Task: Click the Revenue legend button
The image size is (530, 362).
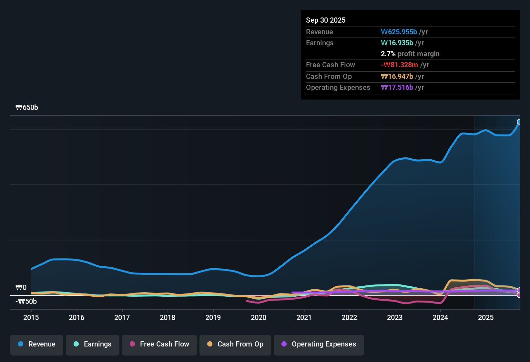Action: tap(37, 344)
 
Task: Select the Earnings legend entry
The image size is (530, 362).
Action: tap(93, 344)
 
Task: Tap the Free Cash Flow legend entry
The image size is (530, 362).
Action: tap(159, 344)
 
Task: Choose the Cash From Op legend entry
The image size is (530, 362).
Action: tap(235, 344)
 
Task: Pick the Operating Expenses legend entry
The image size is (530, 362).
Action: tap(319, 344)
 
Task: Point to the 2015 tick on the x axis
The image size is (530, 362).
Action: tap(31, 317)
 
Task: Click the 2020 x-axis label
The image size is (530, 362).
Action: tap(259, 317)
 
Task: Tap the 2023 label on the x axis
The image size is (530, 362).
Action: tap(395, 317)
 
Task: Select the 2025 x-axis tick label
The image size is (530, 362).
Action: tap(486, 317)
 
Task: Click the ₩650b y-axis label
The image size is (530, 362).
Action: tap(27, 108)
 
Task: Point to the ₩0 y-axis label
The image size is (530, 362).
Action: tap(21, 288)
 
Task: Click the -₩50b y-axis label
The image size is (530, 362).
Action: tap(26, 302)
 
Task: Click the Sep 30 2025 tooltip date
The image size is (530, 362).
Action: tap(326, 20)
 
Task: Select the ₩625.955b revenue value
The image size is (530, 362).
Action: tap(399, 32)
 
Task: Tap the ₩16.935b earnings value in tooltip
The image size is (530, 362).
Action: tap(397, 43)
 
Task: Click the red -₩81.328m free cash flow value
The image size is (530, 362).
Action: tap(399, 65)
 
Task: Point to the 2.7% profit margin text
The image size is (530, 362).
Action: tap(410, 54)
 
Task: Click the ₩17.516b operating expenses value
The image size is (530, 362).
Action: tap(397, 87)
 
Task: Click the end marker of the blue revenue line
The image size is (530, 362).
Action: tap(519, 122)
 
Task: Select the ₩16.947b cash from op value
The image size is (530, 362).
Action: tap(397, 76)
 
